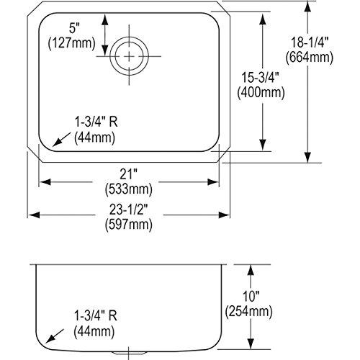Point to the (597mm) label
coord(130,227)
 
